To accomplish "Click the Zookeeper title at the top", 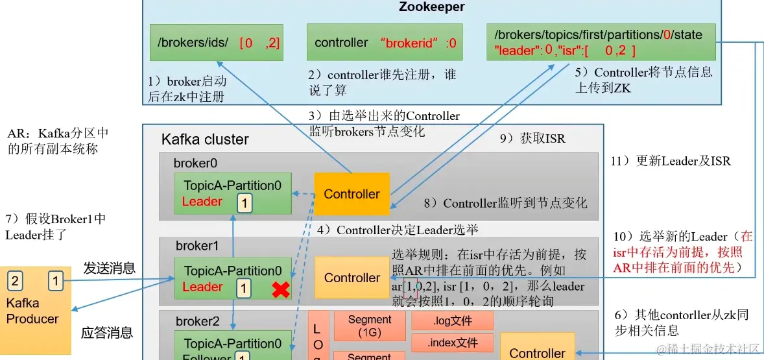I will point(431,7).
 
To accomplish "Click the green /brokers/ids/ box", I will point(216,43).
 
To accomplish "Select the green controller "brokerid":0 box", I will point(385,43).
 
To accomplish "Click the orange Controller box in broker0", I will point(352,194).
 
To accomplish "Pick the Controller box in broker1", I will point(352,278).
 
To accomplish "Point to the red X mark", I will point(280,289).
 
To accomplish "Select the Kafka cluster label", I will point(205,139).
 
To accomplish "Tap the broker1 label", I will point(197,246).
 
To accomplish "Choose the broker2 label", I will point(197,322).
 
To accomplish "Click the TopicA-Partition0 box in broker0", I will point(232,193).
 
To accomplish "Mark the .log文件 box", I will point(452,320).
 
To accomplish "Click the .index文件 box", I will point(452,342).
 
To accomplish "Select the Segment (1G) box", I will point(369,326).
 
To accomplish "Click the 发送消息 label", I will point(109,268).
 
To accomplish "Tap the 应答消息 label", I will point(107,333).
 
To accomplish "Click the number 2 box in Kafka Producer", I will point(15,281).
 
